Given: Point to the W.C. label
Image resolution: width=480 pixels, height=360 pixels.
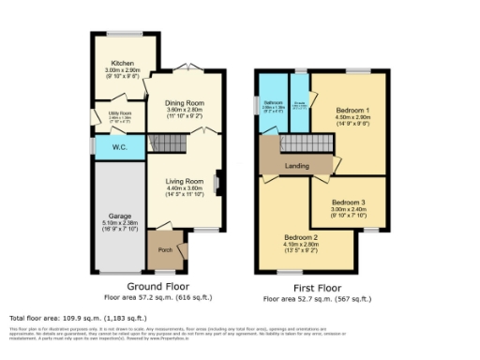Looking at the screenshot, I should tap(119, 146).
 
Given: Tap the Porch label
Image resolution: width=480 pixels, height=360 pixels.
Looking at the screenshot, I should tap(165, 249).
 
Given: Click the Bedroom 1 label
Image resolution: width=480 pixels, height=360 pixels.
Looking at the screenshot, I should tap(352, 110).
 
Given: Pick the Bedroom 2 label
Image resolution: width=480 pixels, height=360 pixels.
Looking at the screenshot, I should tap(302, 238).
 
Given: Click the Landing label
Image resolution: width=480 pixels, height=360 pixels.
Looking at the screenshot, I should tap(297, 166).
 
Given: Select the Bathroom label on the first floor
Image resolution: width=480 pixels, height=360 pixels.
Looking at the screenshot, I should tap(273, 102).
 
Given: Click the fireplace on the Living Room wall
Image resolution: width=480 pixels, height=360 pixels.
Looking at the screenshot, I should tap(217, 181).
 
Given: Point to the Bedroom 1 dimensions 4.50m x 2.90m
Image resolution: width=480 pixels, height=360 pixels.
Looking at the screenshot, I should tap(352, 118).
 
